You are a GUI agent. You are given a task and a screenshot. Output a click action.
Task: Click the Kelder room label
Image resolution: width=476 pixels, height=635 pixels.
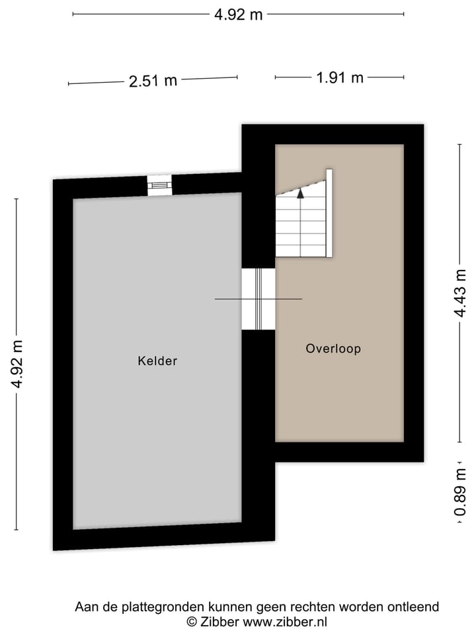pyautogui.click(x=157, y=361)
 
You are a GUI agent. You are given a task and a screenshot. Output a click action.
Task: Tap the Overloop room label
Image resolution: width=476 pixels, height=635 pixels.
pyautogui.click(x=333, y=349)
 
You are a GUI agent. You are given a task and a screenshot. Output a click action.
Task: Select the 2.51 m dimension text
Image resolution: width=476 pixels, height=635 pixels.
pyautogui.click(x=153, y=81)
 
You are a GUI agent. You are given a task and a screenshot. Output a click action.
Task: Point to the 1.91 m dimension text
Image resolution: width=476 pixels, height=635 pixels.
pyautogui.click(x=340, y=77)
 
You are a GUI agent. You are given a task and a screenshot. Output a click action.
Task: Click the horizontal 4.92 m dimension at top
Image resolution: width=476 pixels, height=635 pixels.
pyautogui.click(x=238, y=15)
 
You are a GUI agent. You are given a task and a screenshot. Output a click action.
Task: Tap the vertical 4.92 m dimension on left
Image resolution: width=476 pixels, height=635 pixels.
pyautogui.click(x=17, y=364)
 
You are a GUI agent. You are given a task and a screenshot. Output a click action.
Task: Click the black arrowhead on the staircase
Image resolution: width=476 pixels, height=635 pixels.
pyautogui.click(x=300, y=194)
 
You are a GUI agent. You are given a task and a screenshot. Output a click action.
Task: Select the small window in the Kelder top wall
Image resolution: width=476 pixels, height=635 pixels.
pyautogui.click(x=159, y=186)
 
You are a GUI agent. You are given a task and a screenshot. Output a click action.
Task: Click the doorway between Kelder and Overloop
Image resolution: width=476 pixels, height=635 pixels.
pyautogui.click(x=258, y=299)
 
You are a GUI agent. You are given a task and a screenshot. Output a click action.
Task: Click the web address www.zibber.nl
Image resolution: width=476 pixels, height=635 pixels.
pyautogui.click(x=285, y=622)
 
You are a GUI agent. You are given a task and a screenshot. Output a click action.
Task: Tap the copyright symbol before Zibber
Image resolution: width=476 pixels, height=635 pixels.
pyautogui.click(x=192, y=622)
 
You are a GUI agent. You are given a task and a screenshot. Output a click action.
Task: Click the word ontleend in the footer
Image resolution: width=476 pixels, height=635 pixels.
pyautogui.click(x=415, y=607)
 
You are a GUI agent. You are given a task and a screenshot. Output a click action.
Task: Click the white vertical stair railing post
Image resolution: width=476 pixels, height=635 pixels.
pyautogui.click(x=329, y=212)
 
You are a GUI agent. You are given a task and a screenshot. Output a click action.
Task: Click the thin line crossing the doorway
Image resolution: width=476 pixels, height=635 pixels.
pyautogui.click(x=258, y=300)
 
